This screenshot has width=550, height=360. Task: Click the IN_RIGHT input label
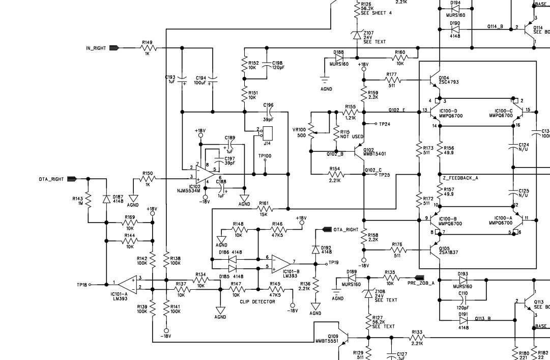pyautogui.click(x=96, y=48)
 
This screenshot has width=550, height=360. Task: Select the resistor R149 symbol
pyautogui.click(x=148, y=48)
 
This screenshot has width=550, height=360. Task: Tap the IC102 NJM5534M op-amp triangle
pyautogui.click(x=205, y=174)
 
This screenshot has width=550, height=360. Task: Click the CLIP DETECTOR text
pyautogui.click(x=257, y=302)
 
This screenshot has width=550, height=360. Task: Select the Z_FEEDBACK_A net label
pyautogui.click(x=460, y=178)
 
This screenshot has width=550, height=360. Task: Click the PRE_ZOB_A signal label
pyautogui.click(x=421, y=283)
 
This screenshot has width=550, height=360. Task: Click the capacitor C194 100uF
pyautogui.click(x=213, y=80)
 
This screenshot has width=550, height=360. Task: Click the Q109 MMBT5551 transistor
pyautogui.click(x=345, y=337)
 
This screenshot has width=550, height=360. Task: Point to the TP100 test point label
pyautogui.click(x=265, y=156)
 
